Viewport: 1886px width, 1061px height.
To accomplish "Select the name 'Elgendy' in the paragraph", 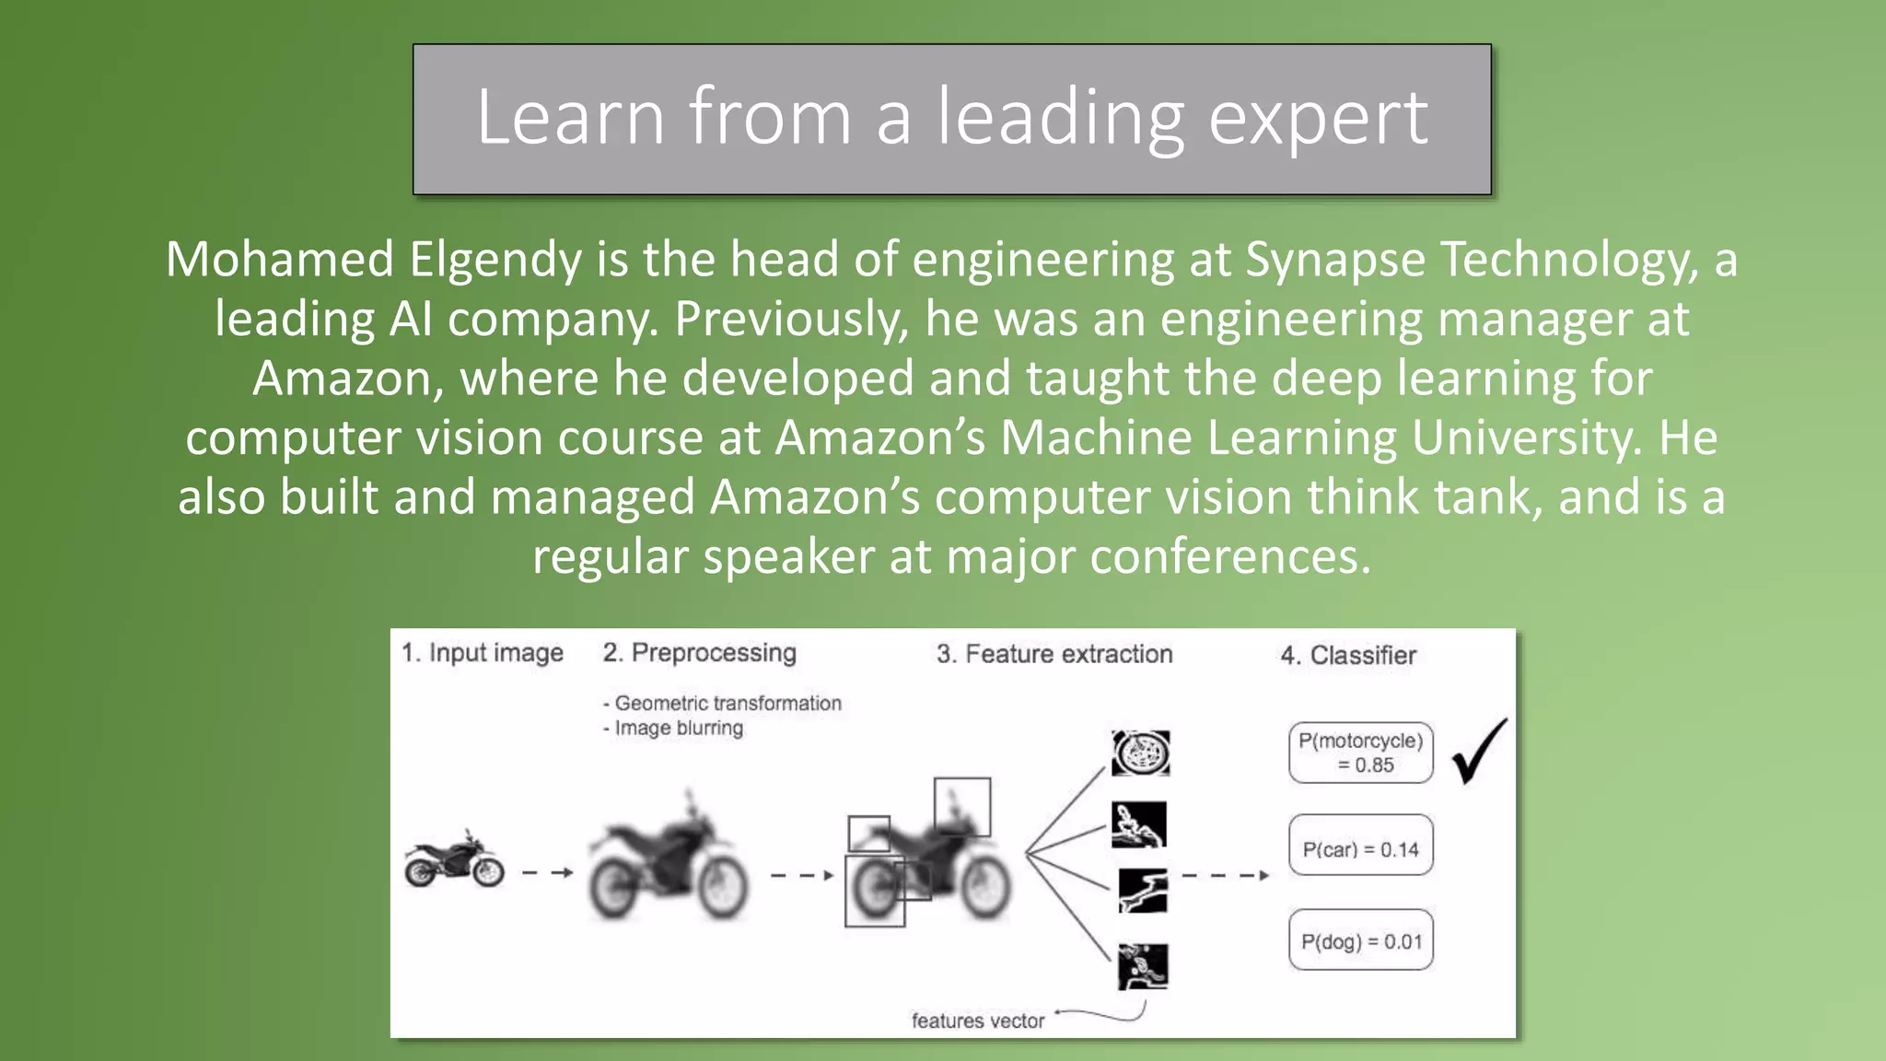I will [495, 260].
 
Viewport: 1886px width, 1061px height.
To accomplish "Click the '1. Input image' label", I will [483, 653].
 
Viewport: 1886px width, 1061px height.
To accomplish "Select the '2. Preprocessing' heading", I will [699, 653].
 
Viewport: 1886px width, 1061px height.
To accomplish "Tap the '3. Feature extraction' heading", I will [1054, 654].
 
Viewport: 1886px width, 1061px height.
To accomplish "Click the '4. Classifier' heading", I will [1348, 656].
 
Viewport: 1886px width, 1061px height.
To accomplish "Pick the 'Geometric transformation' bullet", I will [728, 704].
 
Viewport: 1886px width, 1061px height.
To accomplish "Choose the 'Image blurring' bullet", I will [679, 729].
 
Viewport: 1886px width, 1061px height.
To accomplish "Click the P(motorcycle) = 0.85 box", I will [1360, 752].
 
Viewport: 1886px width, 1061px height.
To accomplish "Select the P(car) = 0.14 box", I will [1360, 849].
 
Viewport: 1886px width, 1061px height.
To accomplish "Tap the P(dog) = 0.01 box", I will [1360, 941].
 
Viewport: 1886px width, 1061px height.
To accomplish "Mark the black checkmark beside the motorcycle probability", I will [1479, 752].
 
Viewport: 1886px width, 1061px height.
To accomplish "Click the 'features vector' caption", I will [978, 1020].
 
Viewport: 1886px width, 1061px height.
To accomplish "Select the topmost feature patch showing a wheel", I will [1140, 753].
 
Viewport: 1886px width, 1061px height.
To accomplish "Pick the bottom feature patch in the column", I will [1143, 966].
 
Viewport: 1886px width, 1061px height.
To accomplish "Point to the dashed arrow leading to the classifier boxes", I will [1225, 875].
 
